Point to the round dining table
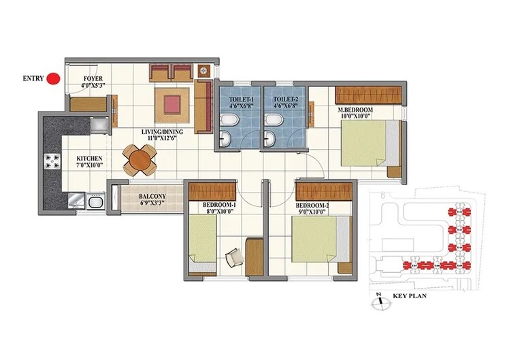139,160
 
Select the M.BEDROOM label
355,110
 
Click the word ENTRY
33,78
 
